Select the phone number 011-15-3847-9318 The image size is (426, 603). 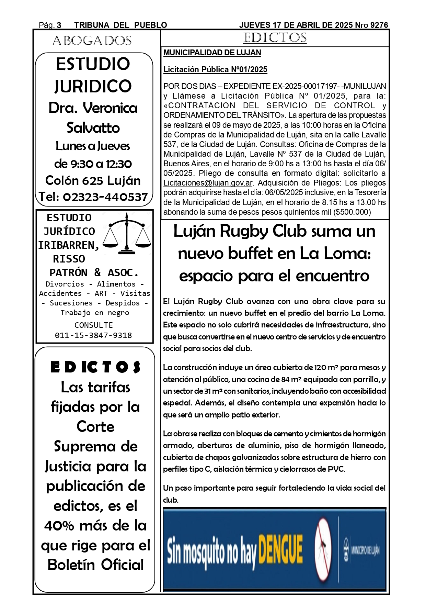[x=93, y=335]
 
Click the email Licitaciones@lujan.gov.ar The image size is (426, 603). [x=208, y=183]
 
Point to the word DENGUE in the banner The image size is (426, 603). [x=280, y=549]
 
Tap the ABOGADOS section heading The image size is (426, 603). [x=92, y=41]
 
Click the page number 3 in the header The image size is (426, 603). [x=59, y=25]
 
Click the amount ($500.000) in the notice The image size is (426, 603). [x=352, y=212]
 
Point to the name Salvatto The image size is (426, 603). [x=93, y=128]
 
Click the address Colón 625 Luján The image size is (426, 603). [x=93, y=180]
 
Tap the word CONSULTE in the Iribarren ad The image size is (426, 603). [x=93, y=325]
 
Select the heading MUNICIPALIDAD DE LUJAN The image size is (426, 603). [x=212, y=53]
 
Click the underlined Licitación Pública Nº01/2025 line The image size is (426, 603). [x=215, y=70]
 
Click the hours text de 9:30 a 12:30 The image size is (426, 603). [x=93, y=164]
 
